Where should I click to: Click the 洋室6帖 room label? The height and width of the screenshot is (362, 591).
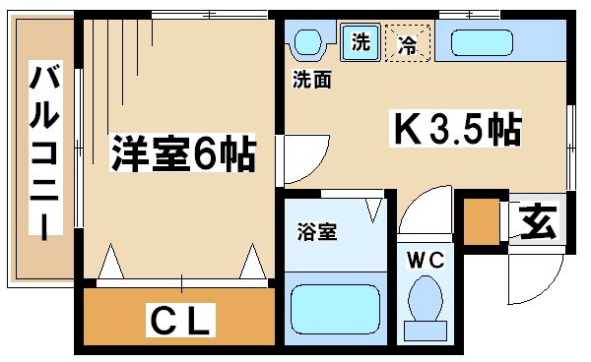pyautogui.click(x=183, y=152)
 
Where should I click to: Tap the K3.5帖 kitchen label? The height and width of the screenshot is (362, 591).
pyautogui.click(x=455, y=128)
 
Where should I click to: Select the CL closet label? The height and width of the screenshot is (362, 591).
pyautogui.click(x=180, y=320)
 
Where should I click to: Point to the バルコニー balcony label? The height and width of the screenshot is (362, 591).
pyautogui.click(x=45, y=148)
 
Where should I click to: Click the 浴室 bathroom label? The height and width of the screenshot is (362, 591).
pyautogui.click(x=316, y=231)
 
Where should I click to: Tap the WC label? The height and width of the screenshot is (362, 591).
pyautogui.click(x=426, y=260)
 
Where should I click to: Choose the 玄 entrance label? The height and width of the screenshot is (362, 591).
pyautogui.click(x=538, y=221)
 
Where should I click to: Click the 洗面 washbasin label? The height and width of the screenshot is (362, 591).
pyautogui.click(x=311, y=79)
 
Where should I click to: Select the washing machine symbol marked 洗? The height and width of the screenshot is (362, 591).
pyautogui.click(x=361, y=41)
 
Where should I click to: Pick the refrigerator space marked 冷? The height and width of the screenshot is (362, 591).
pyautogui.click(x=408, y=42)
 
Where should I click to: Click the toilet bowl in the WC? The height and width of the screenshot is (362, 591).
pyautogui.click(x=426, y=298)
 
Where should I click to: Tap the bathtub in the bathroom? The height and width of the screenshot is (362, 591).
pyautogui.click(x=335, y=309)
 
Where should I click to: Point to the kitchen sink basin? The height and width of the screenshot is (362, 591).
pyautogui.click(x=482, y=42)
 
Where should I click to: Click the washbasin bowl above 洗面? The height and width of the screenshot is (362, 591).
pyautogui.click(x=307, y=42)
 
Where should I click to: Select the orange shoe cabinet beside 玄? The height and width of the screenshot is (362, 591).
pyautogui.click(x=482, y=221)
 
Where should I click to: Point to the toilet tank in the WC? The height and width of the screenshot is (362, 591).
pyautogui.click(x=426, y=331)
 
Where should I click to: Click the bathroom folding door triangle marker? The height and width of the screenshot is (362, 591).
pyautogui.click(x=374, y=210)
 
